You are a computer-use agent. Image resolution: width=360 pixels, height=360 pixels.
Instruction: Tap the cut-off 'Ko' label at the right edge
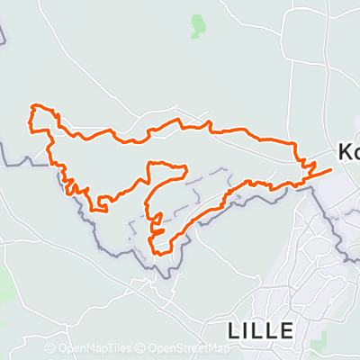348,152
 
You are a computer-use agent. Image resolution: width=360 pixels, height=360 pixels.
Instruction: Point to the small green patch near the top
197,26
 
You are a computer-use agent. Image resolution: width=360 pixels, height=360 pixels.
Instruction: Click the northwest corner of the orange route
34,106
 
